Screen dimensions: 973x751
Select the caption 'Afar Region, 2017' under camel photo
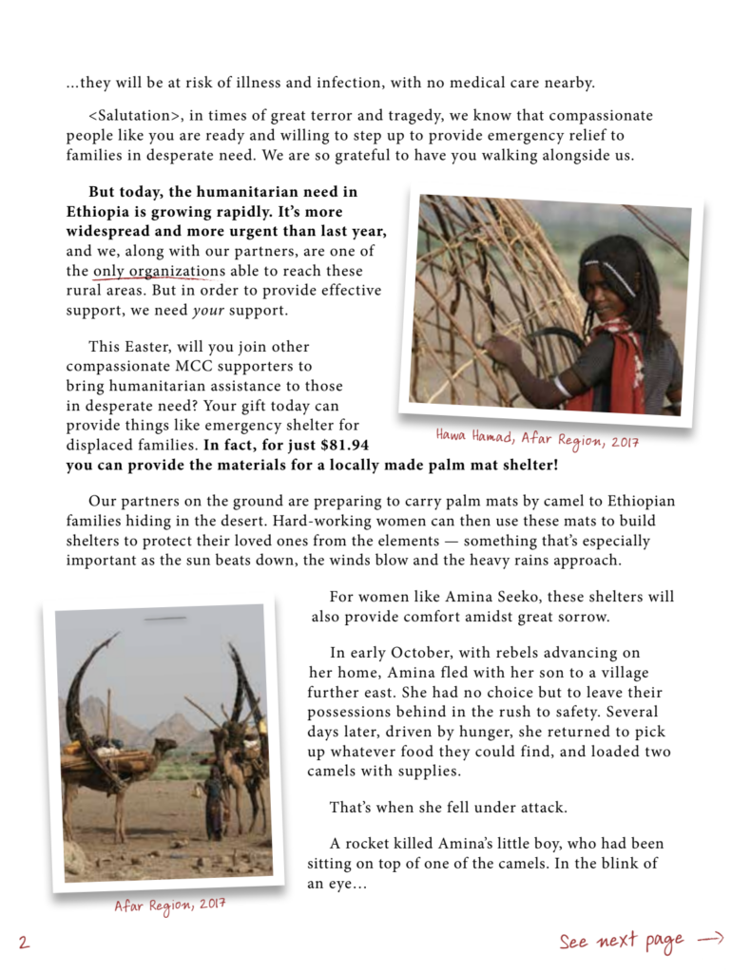pos(170,906)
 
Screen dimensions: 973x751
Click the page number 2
pos(24,942)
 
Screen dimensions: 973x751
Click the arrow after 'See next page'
pos(710,939)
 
